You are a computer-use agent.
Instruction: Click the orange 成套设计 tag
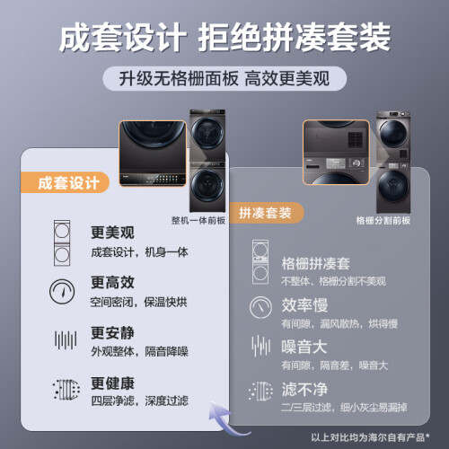(65, 182)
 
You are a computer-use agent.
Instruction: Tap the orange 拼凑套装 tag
(267, 213)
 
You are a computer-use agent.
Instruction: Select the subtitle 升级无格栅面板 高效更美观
(224, 79)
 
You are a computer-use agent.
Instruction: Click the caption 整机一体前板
(198, 221)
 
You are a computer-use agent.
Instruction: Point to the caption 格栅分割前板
(383, 221)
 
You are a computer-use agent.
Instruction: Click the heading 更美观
(112, 233)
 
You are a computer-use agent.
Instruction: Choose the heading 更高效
(112, 282)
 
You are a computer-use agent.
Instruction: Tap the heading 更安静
(112, 332)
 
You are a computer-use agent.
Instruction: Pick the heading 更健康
(112, 383)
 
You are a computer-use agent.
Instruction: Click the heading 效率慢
(304, 305)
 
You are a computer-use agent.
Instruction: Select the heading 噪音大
(304, 347)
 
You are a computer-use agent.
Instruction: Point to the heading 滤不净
(304, 389)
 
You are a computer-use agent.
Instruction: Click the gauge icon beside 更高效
(62, 292)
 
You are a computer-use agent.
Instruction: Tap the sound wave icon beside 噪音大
(261, 346)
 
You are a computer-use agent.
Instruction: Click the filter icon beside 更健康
(66, 390)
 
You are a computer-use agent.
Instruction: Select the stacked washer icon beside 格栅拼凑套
(260, 261)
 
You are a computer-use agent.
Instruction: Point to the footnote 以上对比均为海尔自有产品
(371, 437)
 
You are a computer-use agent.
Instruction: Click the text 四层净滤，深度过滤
(139, 401)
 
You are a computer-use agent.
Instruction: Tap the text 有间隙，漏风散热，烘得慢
(339, 323)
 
